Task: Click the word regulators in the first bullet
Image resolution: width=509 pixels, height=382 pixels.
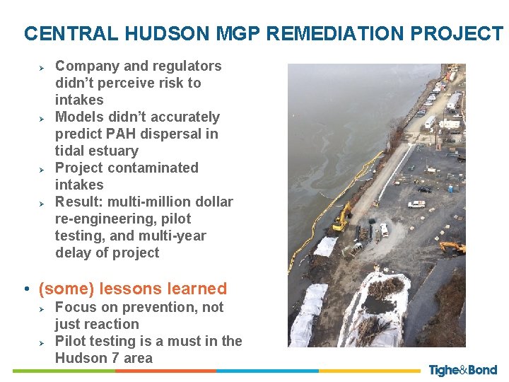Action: (187, 66)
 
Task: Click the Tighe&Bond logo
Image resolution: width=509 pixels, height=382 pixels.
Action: (462, 370)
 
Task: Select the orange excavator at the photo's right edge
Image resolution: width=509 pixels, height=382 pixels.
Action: (452, 248)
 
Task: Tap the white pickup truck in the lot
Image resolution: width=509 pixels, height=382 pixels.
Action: (416, 204)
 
